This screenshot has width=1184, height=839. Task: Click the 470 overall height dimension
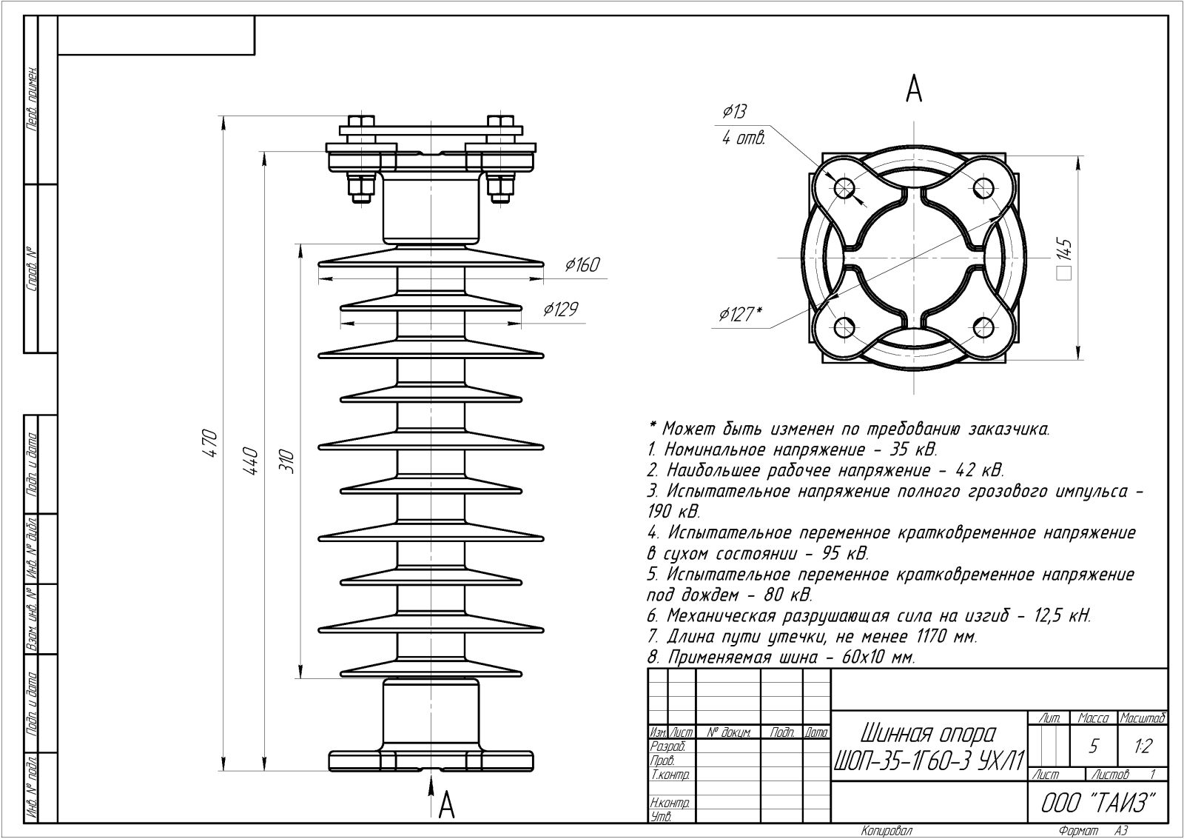pyautogui.click(x=210, y=443)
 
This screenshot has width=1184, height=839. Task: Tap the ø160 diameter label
pyautogui.click(x=582, y=264)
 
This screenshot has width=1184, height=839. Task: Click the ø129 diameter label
pyautogui.click(x=559, y=309)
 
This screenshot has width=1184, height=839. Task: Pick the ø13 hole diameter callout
pyautogui.click(x=734, y=111)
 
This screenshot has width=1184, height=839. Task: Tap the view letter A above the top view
pyautogui.click(x=915, y=90)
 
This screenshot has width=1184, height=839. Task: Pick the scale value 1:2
pyautogui.click(x=1143, y=746)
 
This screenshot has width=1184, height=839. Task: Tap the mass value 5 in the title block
pyautogui.click(x=1094, y=746)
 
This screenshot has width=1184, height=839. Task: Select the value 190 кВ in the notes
pyautogui.click(x=673, y=512)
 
